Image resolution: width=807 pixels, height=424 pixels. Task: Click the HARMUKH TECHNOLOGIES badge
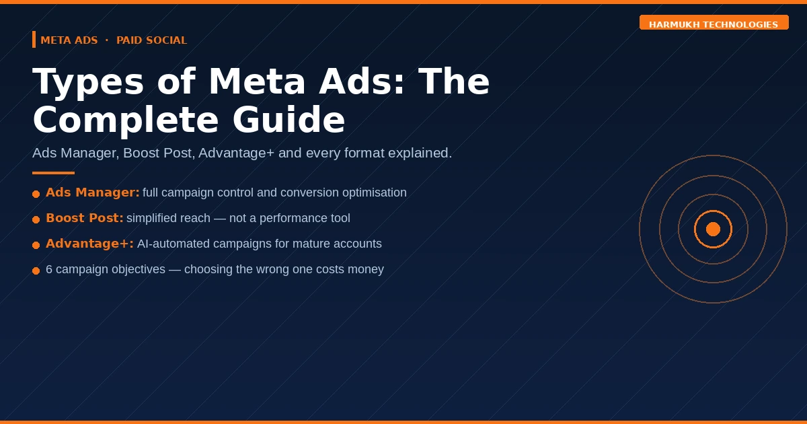[714, 24]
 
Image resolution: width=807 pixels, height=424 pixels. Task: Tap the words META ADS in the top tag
[69, 40]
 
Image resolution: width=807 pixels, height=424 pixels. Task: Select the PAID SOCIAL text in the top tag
[151, 40]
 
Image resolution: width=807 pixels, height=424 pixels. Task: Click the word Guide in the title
[289, 120]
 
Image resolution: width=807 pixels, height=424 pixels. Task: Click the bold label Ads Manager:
[93, 192]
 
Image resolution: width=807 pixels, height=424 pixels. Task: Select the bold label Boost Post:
[85, 218]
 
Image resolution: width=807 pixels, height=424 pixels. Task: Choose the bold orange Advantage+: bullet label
[89, 244]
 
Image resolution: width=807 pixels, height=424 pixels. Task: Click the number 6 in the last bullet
[49, 269]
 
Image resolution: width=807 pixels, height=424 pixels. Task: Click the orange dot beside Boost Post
[36, 219]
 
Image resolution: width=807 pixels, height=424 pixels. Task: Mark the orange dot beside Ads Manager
[36, 194]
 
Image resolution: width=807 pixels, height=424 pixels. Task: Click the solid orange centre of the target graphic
[713, 229]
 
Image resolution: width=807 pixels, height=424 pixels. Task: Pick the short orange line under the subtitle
[53, 173]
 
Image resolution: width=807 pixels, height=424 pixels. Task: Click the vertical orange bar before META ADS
[34, 40]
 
